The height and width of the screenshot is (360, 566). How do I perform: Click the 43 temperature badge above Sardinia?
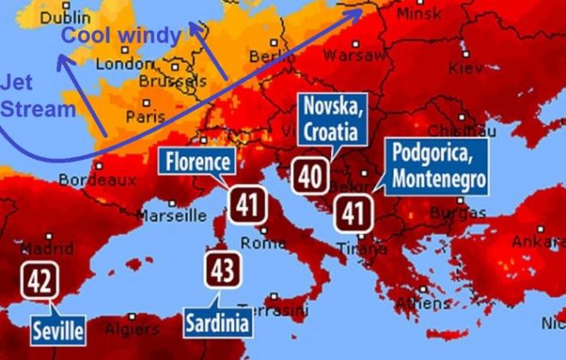click(x=222, y=272)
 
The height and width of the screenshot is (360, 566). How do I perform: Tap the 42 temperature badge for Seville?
click(x=39, y=281)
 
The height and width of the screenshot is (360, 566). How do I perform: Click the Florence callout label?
click(x=198, y=162)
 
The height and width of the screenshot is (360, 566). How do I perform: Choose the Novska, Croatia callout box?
click(x=332, y=120)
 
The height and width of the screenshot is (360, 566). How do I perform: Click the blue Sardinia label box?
click(x=220, y=322)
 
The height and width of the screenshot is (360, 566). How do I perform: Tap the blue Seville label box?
click(x=58, y=329)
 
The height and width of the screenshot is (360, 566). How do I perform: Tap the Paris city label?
click(x=145, y=116)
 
